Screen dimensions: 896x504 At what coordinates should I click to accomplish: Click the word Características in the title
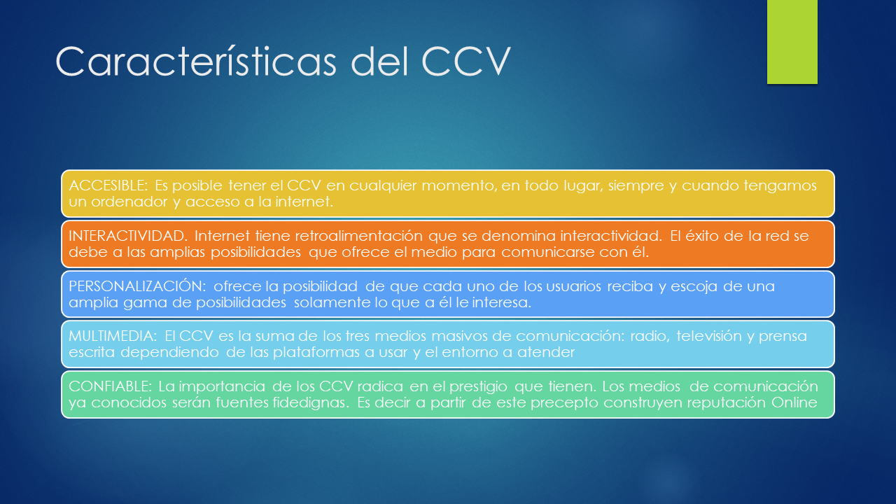[196, 61]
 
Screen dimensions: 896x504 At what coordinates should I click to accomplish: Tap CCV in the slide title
[466, 61]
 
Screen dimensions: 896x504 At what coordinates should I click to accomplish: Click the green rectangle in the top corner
[792, 41]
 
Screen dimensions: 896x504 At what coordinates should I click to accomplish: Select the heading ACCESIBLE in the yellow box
[108, 185]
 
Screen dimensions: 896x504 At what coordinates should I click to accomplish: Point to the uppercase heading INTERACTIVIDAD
[128, 236]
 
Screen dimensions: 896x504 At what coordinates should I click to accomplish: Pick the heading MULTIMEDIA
[113, 336]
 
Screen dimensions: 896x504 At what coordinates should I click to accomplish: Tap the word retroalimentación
[359, 236]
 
